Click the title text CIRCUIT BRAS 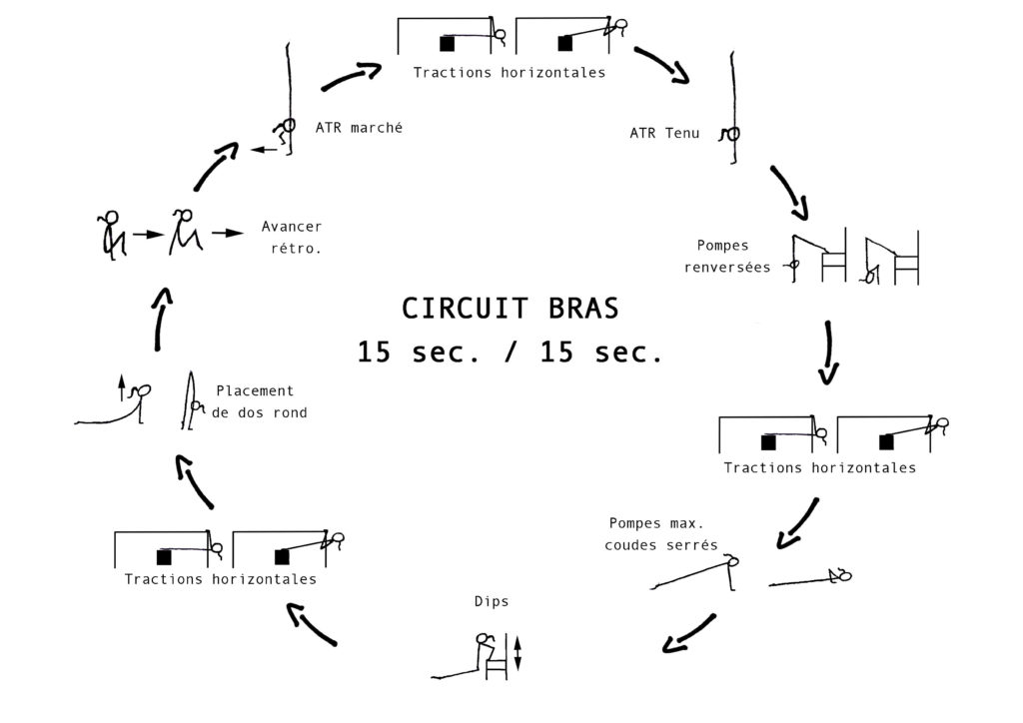[x=510, y=309]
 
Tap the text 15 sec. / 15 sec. [x=511, y=353]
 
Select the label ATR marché [x=359, y=128]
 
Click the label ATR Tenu [x=664, y=133]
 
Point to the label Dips [x=492, y=602]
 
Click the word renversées [x=727, y=268]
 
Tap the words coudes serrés [x=661, y=545]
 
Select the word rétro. [x=296, y=249]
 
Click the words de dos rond [x=259, y=412]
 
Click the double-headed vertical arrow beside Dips [x=518, y=653]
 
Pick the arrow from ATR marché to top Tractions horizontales [x=351, y=75]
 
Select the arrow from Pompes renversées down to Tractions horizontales [x=828, y=353]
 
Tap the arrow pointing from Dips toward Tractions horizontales [x=312, y=623]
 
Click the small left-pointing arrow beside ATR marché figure [x=264, y=150]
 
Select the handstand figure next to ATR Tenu [x=732, y=109]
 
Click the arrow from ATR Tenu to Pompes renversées [x=790, y=192]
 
